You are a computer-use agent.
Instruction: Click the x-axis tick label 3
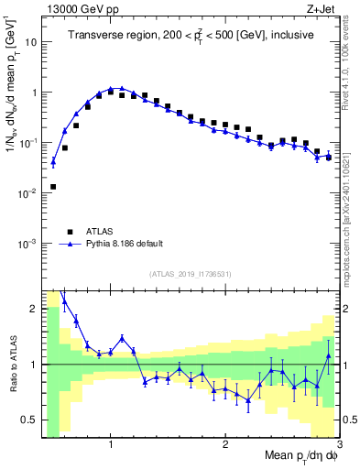(x=339, y=444)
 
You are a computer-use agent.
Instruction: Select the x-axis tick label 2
(x=225, y=444)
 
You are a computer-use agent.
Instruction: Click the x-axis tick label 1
(x=111, y=444)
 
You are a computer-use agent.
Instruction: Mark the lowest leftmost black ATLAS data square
(x=53, y=187)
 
